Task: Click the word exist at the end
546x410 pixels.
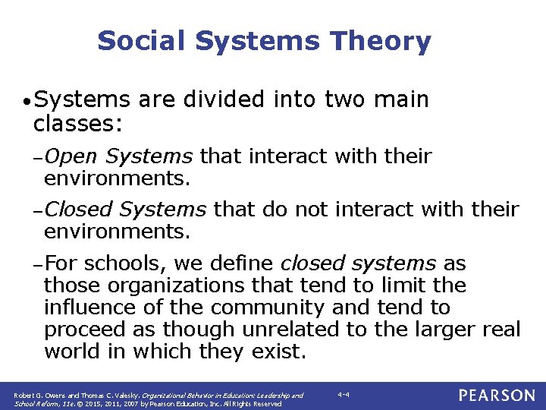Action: (x=284, y=352)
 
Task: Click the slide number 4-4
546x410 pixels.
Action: (x=344, y=394)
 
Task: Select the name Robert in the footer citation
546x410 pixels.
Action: (x=24, y=396)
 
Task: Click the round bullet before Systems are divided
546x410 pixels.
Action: (x=26, y=101)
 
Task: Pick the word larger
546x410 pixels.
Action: (x=442, y=330)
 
